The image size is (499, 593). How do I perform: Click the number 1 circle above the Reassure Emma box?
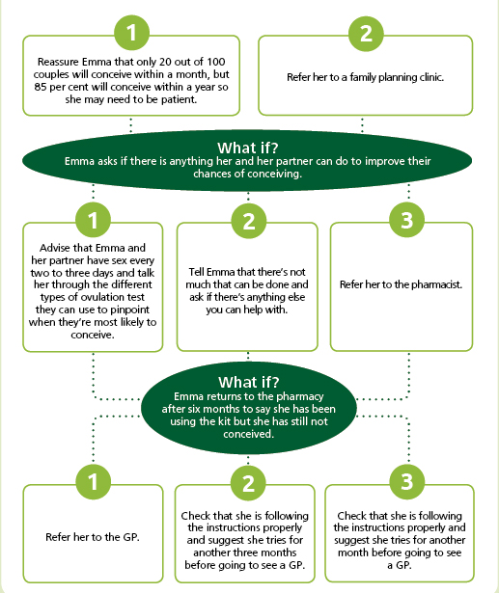tap(131, 33)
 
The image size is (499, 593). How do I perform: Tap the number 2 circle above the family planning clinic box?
tap(366, 34)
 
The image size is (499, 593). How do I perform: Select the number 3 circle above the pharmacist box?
tap(406, 220)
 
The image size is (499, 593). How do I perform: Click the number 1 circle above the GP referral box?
tap(93, 482)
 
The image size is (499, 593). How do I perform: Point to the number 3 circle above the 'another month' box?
tap(406, 482)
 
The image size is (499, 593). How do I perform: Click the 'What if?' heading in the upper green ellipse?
tap(248, 148)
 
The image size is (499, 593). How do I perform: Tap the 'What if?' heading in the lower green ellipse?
tap(249, 383)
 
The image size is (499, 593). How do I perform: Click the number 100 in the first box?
tap(216, 62)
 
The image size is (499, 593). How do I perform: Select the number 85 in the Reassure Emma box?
tap(41, 87)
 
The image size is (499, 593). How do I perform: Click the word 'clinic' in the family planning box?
tap(431, 77)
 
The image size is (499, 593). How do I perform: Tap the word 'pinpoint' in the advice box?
tap(129, 310)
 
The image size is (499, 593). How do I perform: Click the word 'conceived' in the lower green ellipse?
tap(248, 434)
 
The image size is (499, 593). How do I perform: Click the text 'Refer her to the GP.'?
tap(93, 537)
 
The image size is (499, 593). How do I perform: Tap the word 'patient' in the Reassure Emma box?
tap(180, 99)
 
